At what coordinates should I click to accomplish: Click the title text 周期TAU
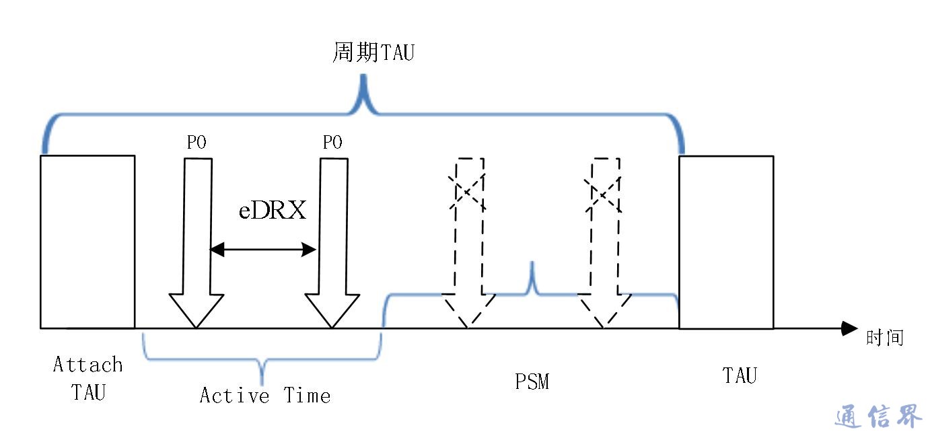(373, 52)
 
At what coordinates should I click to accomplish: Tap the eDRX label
(272, 211)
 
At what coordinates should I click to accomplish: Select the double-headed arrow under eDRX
(262, 250)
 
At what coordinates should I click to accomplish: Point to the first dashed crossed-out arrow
(469, 256)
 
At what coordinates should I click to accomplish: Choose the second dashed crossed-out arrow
(605, 256)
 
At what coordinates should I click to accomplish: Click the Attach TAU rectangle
(87, 242)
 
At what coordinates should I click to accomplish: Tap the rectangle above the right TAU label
(726, 242)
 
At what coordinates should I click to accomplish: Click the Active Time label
(265, 395)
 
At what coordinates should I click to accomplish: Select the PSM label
(532, 382)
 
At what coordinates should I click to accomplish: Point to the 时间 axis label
(884, 337)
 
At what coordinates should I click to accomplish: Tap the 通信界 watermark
(878, 417)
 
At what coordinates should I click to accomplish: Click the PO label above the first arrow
(197, 143)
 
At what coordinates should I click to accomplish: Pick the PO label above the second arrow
(332, 143)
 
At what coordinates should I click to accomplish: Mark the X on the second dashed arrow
(605, 191)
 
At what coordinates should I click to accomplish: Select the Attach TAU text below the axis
(88, 378)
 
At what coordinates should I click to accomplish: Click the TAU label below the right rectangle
(740, 375)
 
